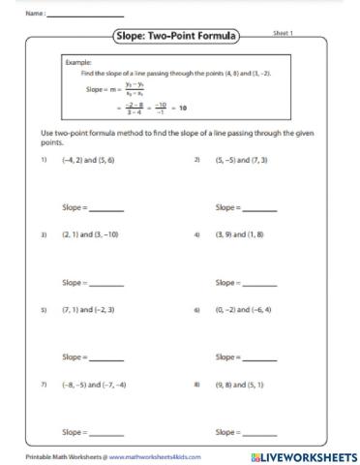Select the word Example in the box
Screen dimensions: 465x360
tap(77, 62)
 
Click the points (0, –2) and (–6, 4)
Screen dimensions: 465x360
tap(243, 310)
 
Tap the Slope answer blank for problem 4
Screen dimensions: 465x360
tap(259, 284)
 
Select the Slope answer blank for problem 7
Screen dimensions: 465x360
tap(105, 433)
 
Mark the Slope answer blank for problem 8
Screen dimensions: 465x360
tap(259, 433)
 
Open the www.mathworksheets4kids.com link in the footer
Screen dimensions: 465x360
tap(145, 455)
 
